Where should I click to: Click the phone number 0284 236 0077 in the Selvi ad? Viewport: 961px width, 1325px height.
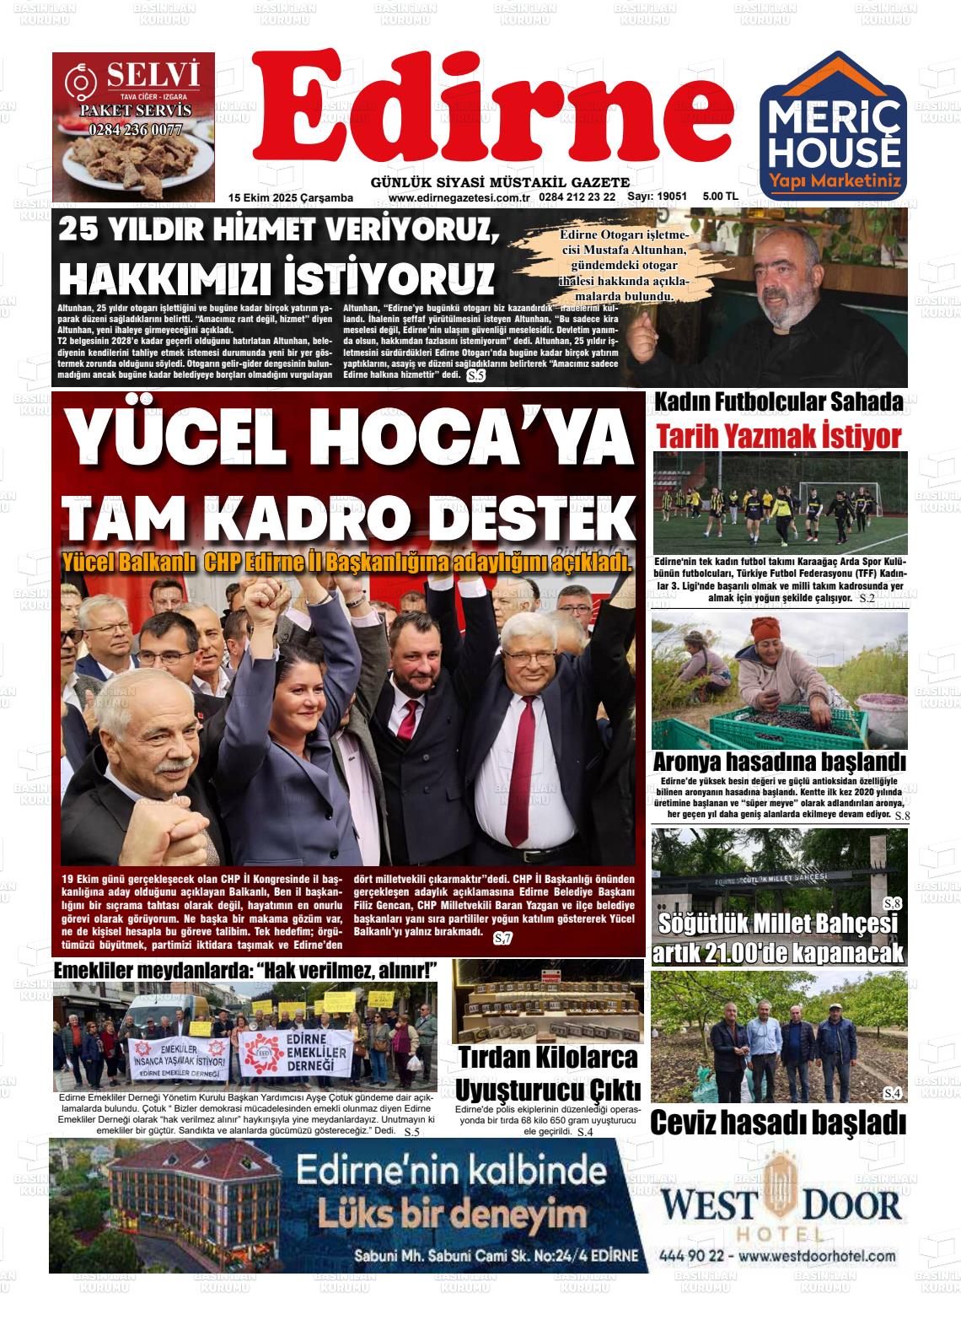coord(135,130)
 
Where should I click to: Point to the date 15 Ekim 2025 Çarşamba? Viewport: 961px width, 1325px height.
coord(290,197)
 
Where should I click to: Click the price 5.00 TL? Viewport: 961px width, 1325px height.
coord(720,197)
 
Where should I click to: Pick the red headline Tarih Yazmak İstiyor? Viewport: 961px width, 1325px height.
coord(779,437)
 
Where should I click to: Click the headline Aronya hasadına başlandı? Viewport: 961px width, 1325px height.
coord(779,762)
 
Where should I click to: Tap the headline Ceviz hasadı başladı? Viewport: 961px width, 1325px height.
coord(778,1123)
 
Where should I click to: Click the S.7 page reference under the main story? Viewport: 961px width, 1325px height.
coord(502,939)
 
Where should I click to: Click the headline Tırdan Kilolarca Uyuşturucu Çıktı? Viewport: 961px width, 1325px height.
coord(547,1072)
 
